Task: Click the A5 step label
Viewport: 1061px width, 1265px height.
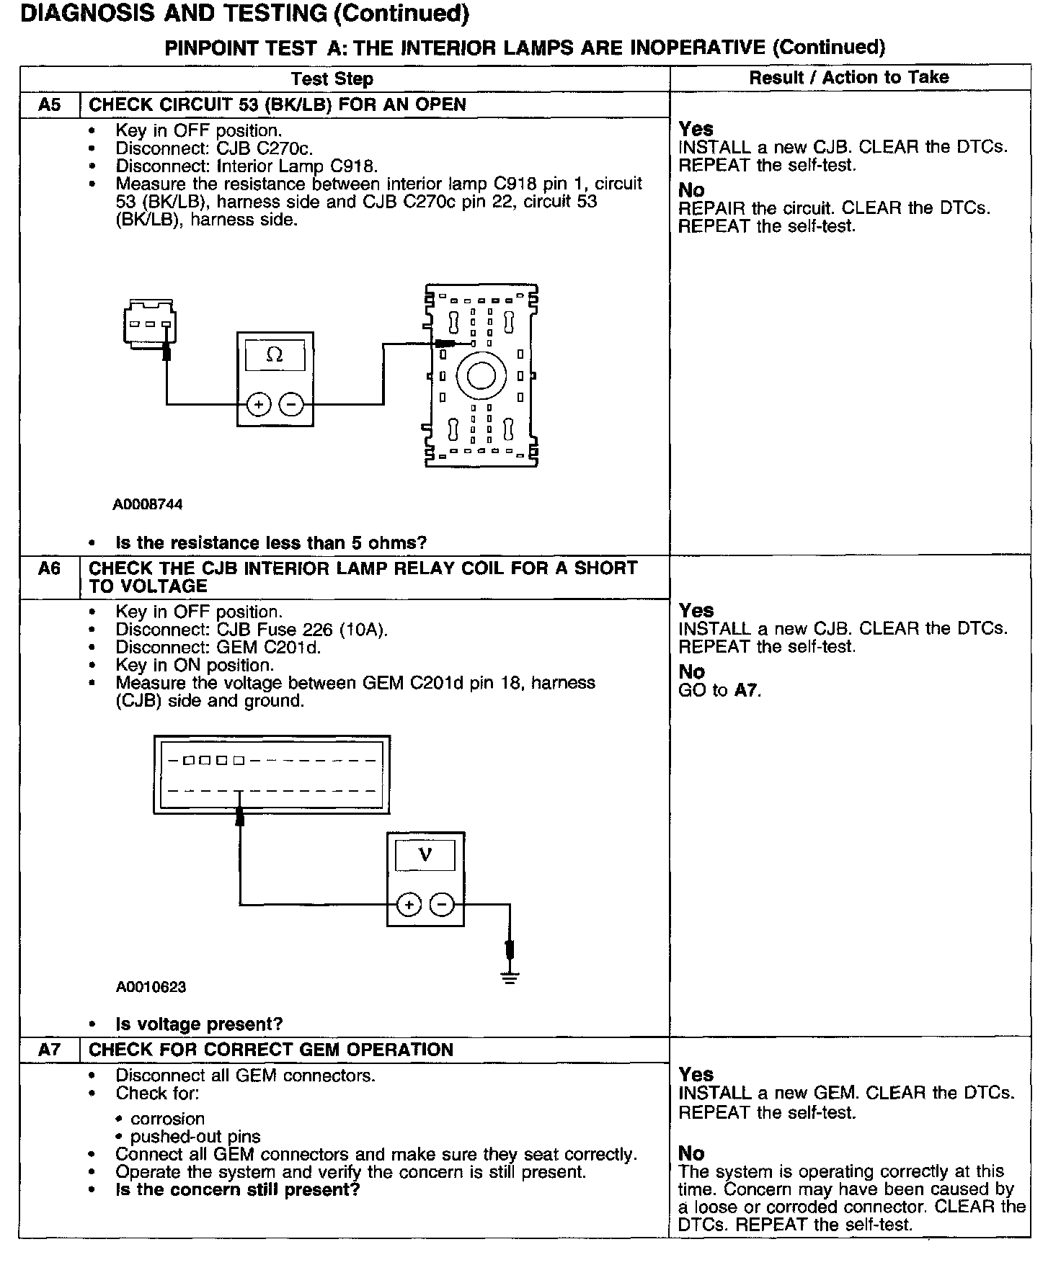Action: [50, 104]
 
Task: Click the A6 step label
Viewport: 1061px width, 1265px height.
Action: [50, 568]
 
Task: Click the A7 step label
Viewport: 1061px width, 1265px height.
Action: [50, 1050]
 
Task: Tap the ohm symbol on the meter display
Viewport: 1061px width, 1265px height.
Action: [275, 355]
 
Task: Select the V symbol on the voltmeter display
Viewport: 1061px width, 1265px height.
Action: [425, 855]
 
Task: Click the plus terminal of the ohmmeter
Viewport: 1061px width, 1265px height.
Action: [258, 405]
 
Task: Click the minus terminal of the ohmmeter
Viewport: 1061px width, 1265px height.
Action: [291, 405]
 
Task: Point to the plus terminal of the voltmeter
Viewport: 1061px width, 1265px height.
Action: [409, 905]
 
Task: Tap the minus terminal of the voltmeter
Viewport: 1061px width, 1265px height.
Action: [443, 905]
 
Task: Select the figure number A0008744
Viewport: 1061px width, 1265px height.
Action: [148, 504]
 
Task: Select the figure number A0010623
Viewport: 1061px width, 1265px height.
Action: [151, 987]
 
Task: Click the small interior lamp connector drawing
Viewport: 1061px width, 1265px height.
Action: [150, 322]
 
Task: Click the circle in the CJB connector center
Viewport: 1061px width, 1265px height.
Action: [481, 375]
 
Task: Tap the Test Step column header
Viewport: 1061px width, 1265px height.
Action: [332, 79]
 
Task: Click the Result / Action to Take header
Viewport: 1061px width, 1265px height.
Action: [849, 78]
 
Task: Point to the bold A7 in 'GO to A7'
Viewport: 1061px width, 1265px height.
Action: [746, 690]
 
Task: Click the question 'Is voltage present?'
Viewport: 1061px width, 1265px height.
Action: [199, 1024]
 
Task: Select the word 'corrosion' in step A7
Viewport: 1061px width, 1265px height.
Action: [167, 1119]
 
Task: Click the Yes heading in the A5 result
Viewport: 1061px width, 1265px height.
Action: [696, 129]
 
